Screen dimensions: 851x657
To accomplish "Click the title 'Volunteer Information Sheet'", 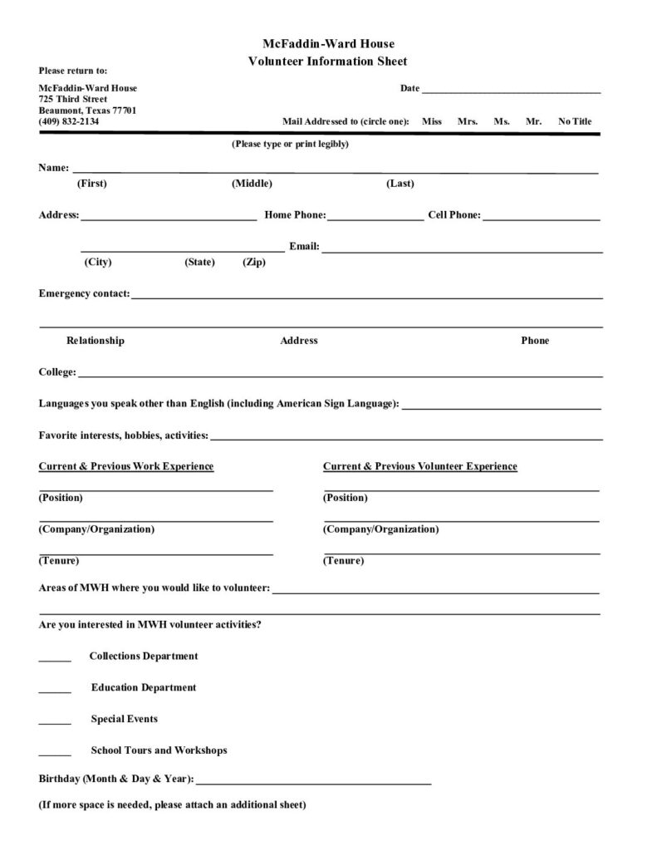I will click(x=327, y=61).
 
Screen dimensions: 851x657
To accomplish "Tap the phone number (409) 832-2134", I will click(x=68, y=121).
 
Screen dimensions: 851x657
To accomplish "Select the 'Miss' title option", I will click(x=431, y=121).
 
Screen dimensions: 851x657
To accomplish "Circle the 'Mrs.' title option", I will click(x=468, y=121).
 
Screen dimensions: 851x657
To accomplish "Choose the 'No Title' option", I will click(x=575, y=121).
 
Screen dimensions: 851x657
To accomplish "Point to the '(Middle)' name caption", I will click(x=252, y=184).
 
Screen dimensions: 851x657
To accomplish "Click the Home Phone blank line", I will click(x=375, y=219).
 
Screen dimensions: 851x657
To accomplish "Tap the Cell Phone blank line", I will click(x=541, y=219).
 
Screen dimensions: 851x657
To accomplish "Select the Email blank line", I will click(x=462, y=250).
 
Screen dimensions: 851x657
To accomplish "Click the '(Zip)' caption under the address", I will click(x=254, y=263).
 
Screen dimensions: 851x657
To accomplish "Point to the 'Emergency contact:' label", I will click(x=84, y=293).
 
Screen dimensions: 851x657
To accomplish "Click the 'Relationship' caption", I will click(x=96, y=341).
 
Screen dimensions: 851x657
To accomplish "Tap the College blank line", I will click(x=340, y=376).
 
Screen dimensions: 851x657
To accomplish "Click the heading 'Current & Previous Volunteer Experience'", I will click(x=419, y=467).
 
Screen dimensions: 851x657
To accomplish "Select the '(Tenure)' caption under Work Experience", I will click(x=59, y=561).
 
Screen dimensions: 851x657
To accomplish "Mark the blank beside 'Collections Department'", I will click(x=55, y=660).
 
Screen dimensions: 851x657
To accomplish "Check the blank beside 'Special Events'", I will click(x=55, y=723).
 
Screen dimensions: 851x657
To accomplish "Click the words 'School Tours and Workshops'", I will click(x=159, y=750).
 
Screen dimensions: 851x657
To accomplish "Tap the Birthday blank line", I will click(x=314, y=784).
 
